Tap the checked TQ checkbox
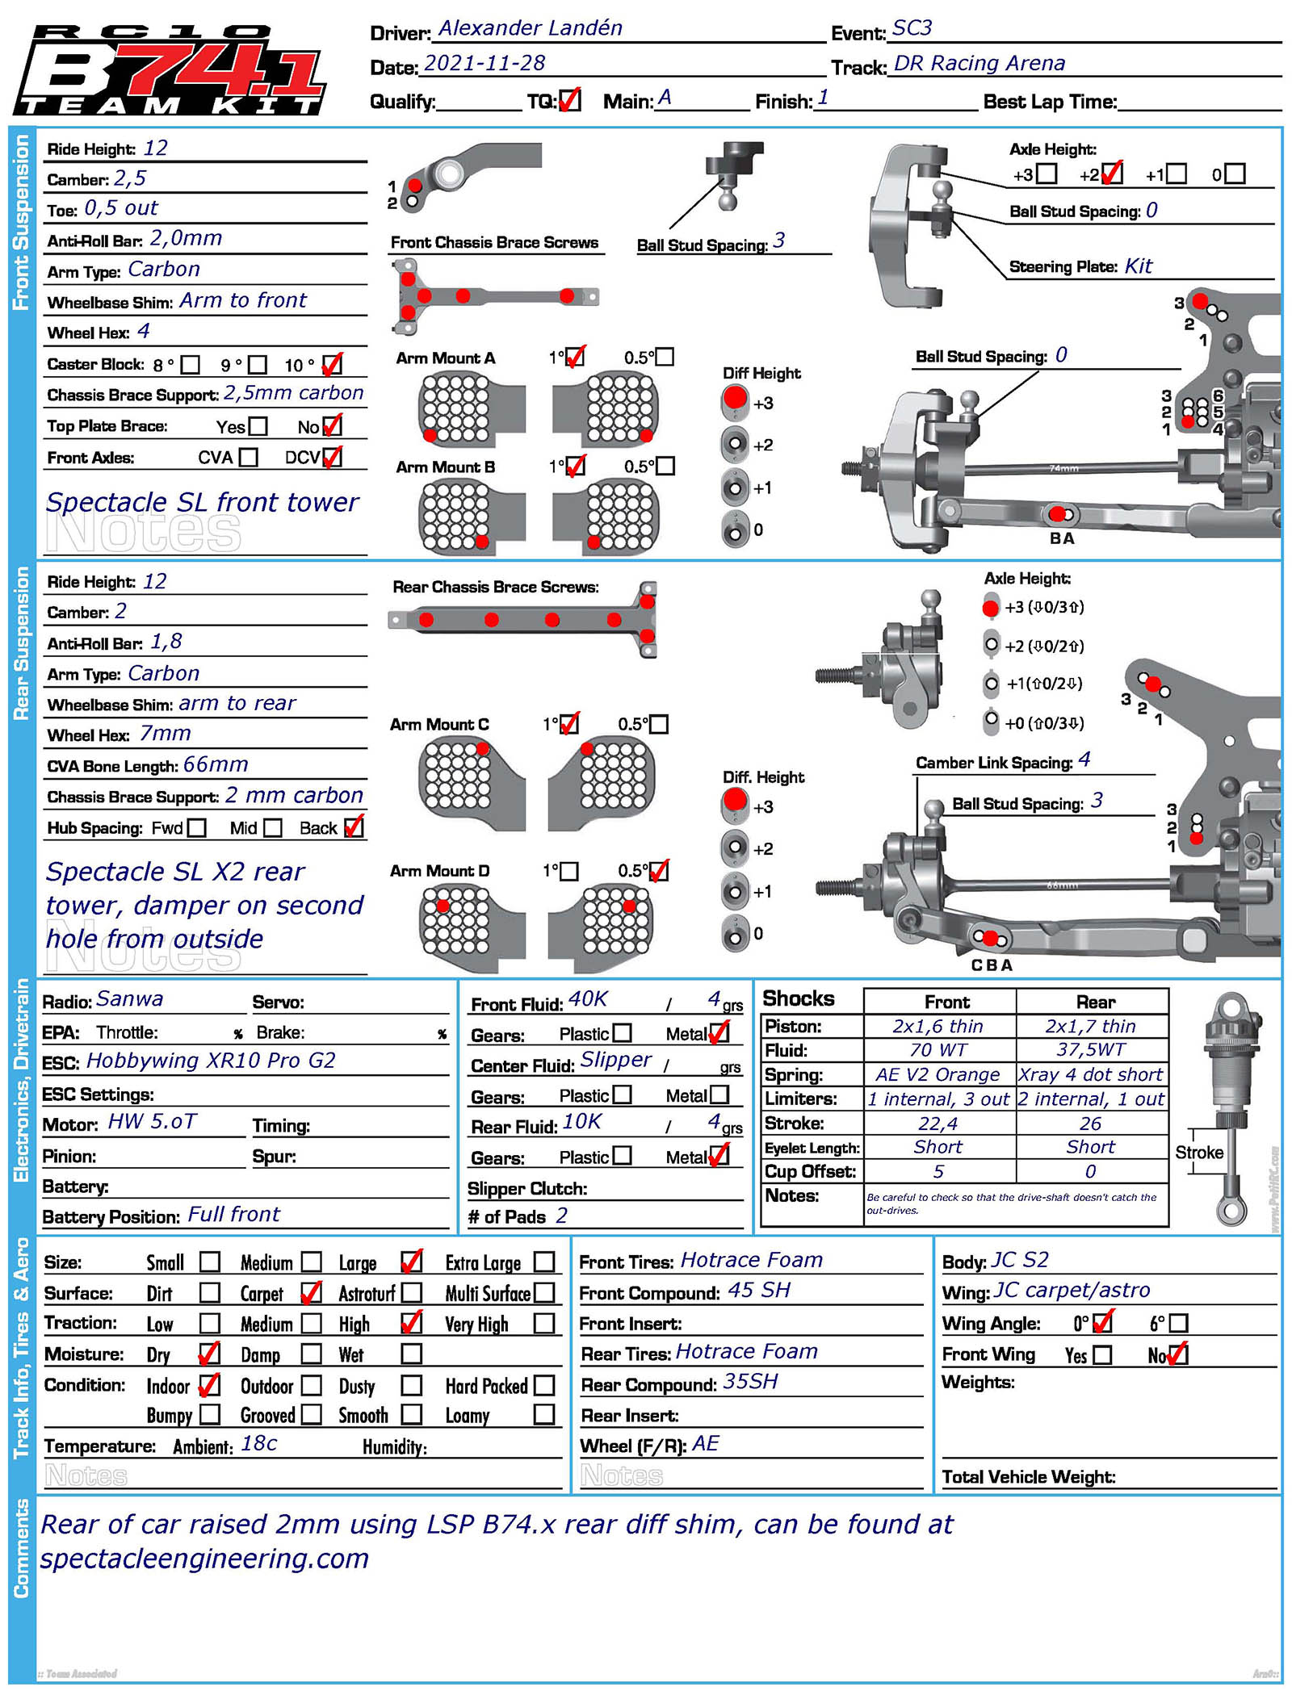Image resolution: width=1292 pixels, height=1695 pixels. tap(570, 100)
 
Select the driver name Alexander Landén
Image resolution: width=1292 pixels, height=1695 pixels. tap(530, 29)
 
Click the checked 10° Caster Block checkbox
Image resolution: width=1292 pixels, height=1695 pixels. tap(332, 365)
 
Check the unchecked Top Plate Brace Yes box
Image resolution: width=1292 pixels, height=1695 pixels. tap(258, 426)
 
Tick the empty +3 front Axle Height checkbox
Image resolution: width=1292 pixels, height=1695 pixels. tap(1047, 174)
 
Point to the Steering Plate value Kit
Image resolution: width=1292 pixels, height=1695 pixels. tap(1138, 266)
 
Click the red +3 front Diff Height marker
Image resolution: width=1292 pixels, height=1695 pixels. tap(735, 399)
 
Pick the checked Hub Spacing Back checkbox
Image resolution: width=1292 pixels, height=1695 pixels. tap(354, 827)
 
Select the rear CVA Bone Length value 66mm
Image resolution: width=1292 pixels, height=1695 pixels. tap(216, 764)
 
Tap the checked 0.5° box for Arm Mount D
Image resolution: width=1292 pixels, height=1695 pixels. tap(659, 871)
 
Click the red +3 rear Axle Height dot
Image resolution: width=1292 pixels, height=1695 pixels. tap(991, 608)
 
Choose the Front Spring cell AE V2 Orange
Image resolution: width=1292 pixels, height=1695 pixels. tap(938, 1074)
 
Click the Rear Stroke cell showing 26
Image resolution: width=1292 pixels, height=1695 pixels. tap(1090, 1123)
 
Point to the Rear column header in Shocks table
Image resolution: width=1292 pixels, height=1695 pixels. tap(1095, 1002)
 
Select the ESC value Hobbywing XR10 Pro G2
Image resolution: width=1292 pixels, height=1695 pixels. tap(211, 1061)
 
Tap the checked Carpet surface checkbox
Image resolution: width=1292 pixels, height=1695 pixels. tap(311, 1293)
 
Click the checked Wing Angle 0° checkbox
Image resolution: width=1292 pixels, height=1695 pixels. tap(1104, 1322)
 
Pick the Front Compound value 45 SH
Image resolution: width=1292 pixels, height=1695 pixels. tap(759, 1290)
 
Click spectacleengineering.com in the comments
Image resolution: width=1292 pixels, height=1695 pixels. tap(205, 1558)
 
